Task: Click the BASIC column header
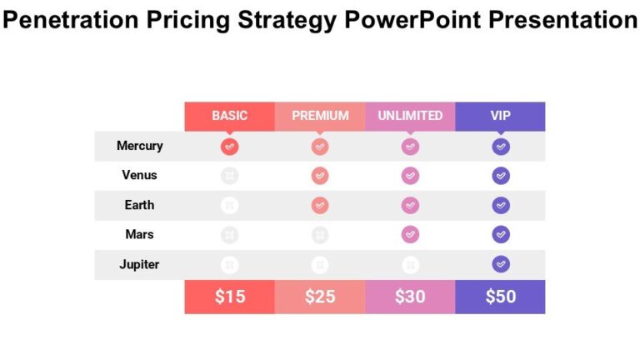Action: (229, 116)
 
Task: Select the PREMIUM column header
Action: (320, 116)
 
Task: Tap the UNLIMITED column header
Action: (410, 116)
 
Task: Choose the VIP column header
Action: (500, 116)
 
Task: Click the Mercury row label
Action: (139, 146)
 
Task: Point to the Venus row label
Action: (139, 176)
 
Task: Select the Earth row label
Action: (139, 205)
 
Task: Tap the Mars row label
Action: (139, 235)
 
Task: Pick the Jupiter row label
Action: (139, 265)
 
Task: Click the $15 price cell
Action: (229, 297)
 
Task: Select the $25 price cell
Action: (320, 297)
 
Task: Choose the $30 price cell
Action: (410, 297)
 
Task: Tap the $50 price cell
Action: (500, 297)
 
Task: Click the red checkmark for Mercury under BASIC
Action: (230, 147)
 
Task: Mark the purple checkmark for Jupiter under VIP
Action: (500, 264)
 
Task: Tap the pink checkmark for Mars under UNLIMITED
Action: (410, 235)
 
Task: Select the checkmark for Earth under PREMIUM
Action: (320, 205)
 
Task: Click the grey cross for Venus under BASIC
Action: (230, 176)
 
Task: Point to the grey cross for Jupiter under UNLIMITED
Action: (410, 265)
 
